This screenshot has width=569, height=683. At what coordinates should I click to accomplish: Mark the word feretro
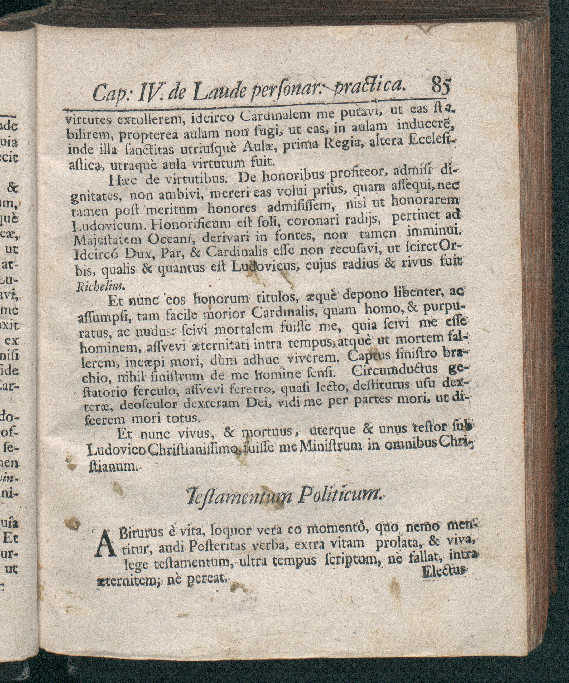coord(252,388)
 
